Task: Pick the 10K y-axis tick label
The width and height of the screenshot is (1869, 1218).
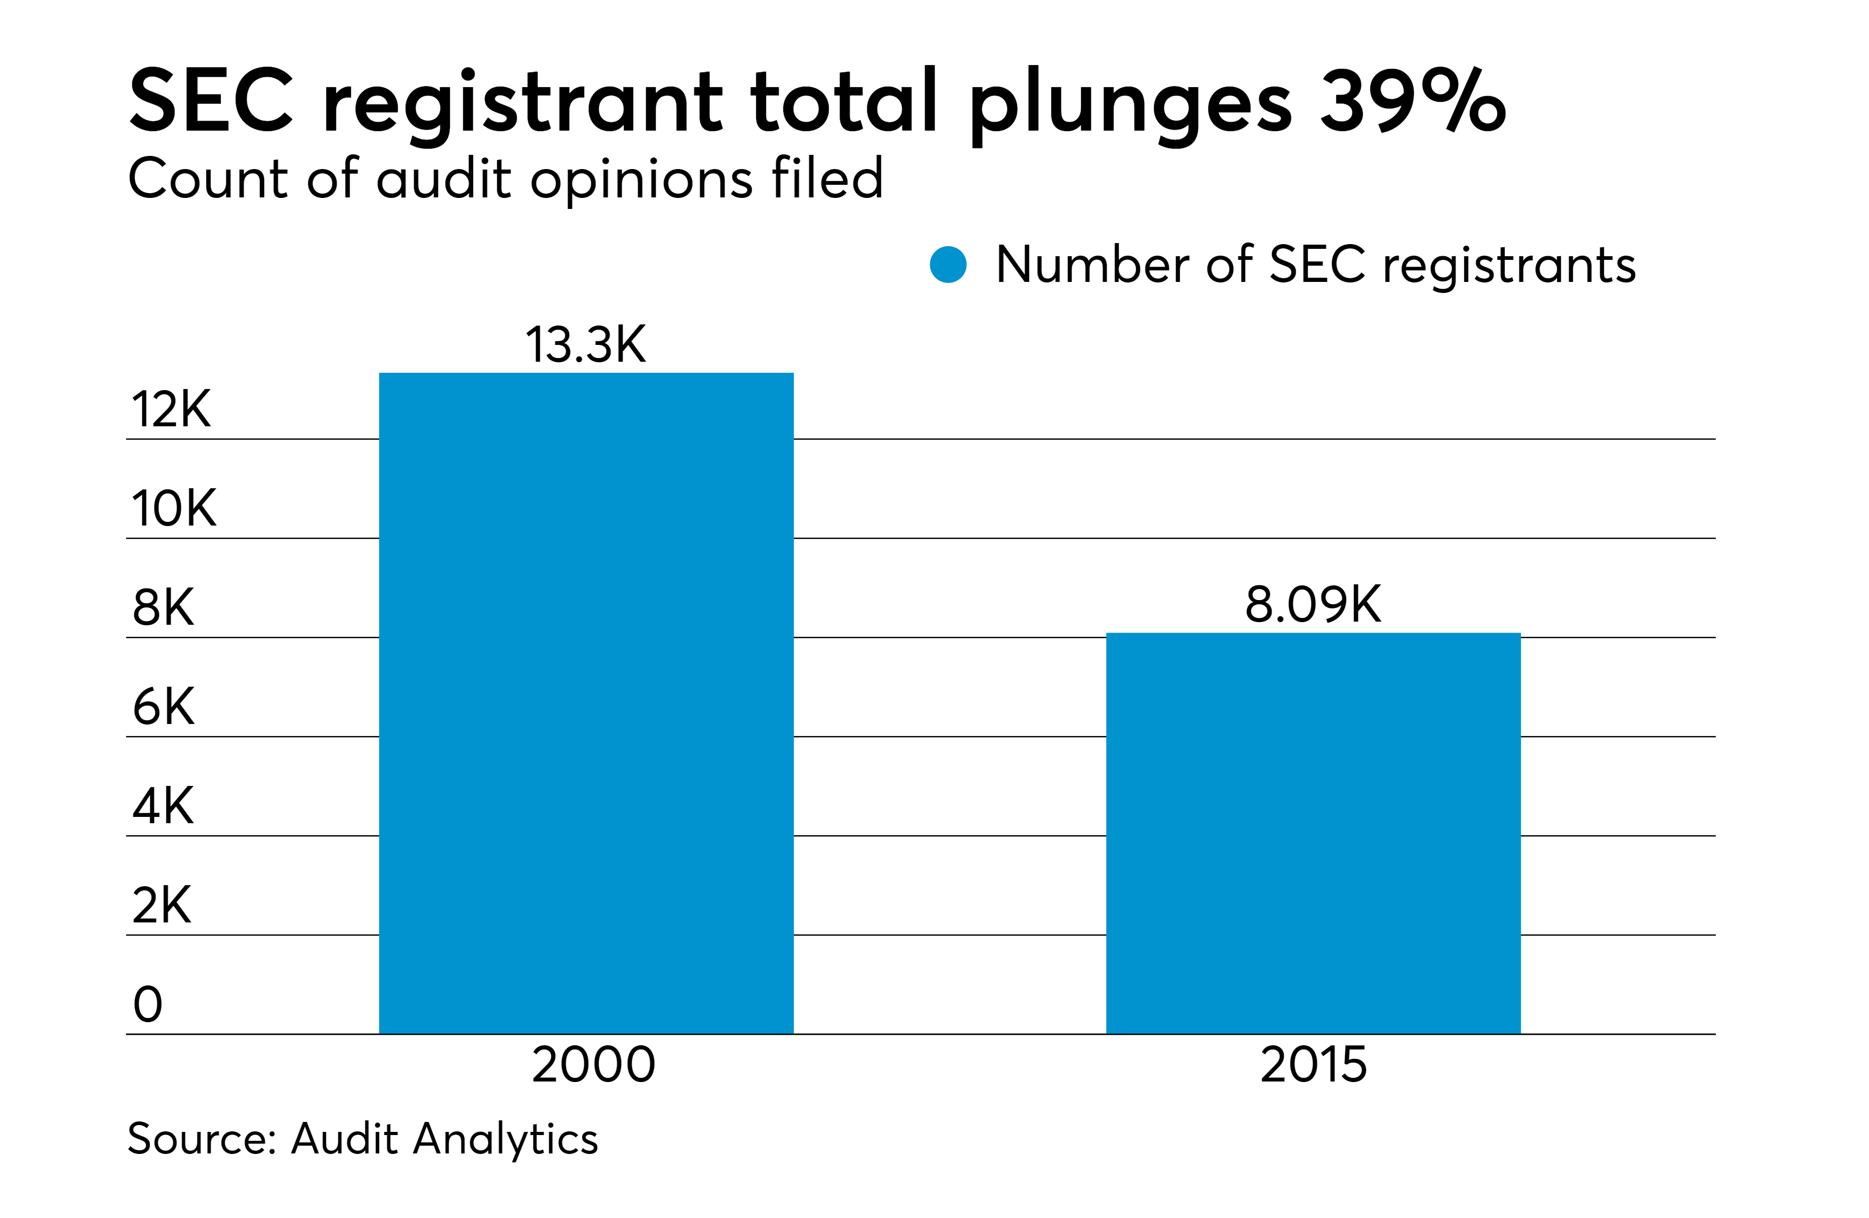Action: pos(174,508)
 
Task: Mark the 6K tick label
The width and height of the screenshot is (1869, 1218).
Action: pos(163,706)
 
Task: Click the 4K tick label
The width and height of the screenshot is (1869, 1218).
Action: pos(163,806)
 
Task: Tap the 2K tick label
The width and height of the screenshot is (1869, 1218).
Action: pos(162,905)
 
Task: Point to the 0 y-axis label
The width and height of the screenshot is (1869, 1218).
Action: pos(148,1004)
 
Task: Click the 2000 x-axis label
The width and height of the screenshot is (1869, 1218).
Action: pos(593,1065)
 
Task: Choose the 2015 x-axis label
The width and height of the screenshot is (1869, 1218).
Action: pos(1313,1065)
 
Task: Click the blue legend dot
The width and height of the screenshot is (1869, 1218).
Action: pos(948,265)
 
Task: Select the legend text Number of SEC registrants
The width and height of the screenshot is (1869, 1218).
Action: pos(1315,265)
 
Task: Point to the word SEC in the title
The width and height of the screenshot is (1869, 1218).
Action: pos(211,100)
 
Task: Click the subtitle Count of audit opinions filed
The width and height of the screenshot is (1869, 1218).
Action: pos(506,179)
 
